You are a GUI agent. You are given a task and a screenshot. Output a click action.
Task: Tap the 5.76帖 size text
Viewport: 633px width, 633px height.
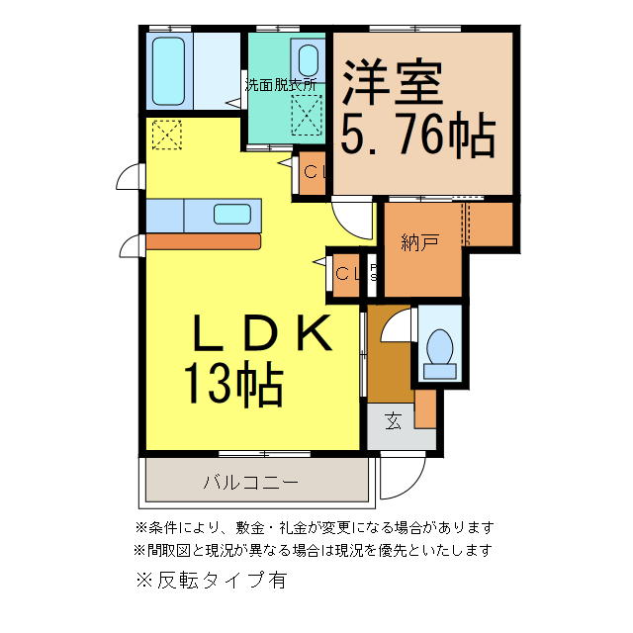click(x=418, y=136)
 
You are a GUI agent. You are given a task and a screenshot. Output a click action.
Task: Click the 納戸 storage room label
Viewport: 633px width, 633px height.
click(x=420, y=241)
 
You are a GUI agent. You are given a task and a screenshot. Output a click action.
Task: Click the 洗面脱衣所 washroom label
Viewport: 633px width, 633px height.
click(x=282, y=85)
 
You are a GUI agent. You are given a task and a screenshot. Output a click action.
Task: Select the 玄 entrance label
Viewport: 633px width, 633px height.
click(x=394, y=421)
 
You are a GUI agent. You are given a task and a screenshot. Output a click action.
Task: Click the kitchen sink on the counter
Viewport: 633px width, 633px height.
click(x=232, y=213)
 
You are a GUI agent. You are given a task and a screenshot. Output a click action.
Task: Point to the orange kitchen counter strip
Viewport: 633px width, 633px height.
click(x=203, y=240)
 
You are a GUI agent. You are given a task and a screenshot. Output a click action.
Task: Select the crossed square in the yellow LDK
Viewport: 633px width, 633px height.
click(x=167, y=134)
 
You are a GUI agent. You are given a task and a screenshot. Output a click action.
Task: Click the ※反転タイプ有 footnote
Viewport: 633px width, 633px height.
click(x=214, y=581)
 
